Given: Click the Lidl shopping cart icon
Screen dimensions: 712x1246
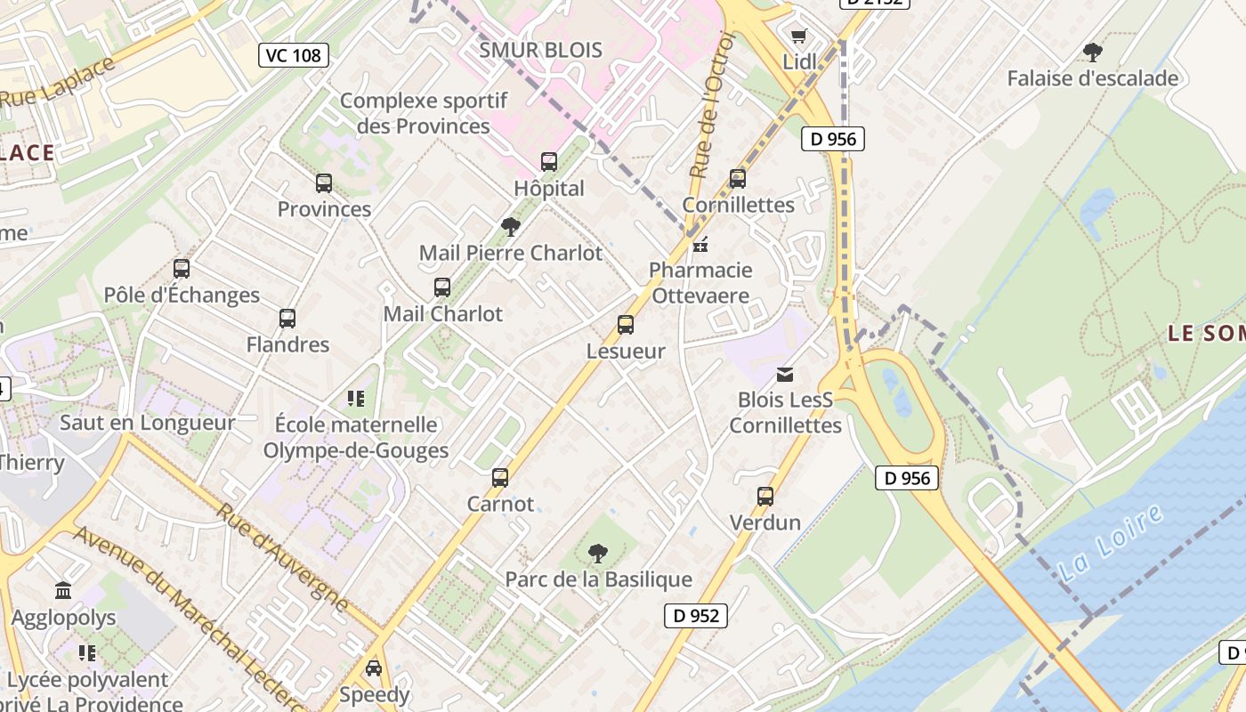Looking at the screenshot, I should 798,36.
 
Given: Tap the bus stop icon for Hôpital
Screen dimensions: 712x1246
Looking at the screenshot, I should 549,162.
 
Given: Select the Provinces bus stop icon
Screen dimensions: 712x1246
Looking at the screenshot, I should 324,183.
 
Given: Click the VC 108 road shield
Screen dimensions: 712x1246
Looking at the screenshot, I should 294,55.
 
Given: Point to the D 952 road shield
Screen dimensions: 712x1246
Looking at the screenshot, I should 696,615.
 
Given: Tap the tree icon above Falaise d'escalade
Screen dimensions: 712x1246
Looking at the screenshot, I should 1092,53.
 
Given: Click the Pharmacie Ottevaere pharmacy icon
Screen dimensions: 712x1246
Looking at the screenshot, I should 700,244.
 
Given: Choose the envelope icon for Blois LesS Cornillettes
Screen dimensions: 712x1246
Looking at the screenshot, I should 784,375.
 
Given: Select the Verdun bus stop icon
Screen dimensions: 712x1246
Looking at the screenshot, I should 765,497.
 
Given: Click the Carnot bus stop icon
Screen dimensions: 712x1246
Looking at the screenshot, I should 500,478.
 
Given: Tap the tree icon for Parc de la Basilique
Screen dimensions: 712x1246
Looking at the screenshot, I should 598,554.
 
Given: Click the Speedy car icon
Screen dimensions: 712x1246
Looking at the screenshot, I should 374,668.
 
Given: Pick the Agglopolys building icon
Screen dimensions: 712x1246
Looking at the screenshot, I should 63,591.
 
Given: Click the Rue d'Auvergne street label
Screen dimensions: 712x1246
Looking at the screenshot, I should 283,558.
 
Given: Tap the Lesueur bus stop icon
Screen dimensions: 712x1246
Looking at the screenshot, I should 626,325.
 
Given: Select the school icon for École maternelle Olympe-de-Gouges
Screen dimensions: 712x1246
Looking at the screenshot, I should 356,399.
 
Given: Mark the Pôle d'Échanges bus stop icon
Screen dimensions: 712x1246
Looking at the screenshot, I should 182,269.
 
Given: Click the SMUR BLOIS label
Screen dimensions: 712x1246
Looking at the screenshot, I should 540,50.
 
